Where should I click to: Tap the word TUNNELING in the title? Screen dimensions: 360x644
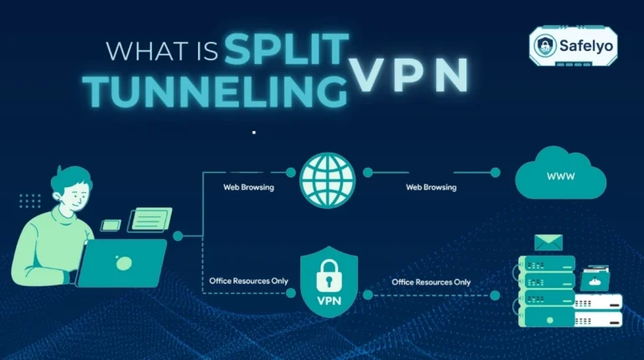pos(216,91)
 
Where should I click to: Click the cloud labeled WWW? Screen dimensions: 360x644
pos(561,177)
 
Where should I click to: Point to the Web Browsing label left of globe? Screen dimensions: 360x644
pos(248,187)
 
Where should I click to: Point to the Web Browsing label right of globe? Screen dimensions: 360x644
pos(431,187)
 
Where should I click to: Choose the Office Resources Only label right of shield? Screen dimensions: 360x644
pos(431,282)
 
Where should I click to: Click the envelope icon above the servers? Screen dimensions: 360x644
pos(548,243)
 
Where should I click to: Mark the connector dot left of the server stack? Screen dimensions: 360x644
pos(496,295)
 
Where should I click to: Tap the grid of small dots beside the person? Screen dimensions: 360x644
pos(29,201)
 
